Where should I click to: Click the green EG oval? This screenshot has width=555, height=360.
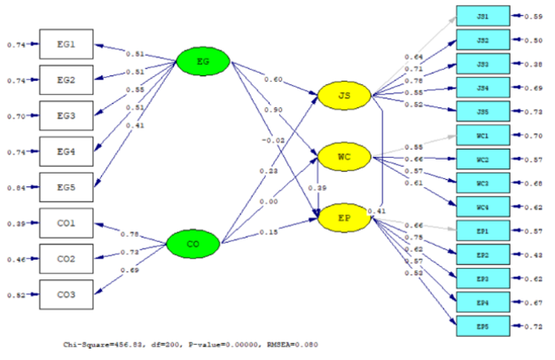[203, 60]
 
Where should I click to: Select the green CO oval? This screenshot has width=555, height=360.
[193, 242]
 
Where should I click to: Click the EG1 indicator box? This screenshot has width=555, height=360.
[66, 44]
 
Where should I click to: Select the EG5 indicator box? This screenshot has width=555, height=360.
[66, 188]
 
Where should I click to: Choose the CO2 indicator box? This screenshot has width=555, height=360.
[66, 260]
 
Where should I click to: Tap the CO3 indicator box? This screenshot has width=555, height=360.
[66, 295]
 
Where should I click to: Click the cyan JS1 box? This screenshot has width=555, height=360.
[482, 17]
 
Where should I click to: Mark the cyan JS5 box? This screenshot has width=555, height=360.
[482, 113]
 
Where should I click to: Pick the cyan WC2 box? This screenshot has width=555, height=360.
[482, 160]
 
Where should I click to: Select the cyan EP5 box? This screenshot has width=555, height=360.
[482, 326]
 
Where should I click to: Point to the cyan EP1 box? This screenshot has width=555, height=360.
[482, 231]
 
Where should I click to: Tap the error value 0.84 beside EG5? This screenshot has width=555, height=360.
[17, 188]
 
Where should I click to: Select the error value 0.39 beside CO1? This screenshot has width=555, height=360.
[17, 224]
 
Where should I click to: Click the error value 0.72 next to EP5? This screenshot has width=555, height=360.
[533, 326]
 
